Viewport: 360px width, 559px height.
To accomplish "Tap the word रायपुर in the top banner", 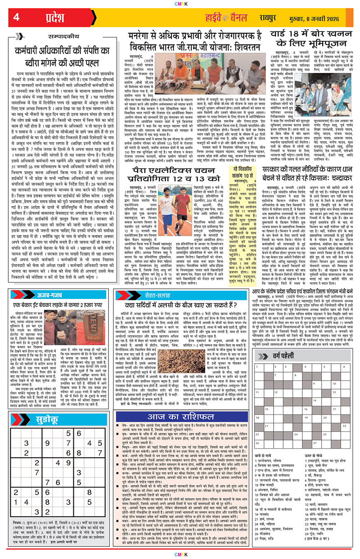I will pos(271,18).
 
